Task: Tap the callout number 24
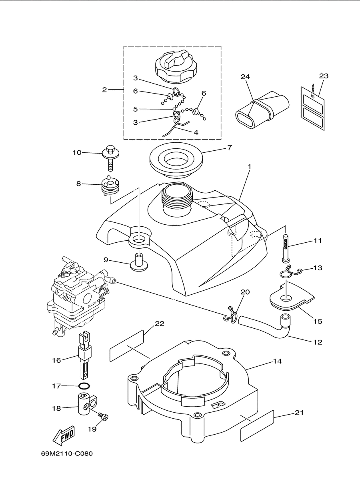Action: pyautogui.click(x=245, y=77)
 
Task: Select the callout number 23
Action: pyautogui.click(x=324, y=76)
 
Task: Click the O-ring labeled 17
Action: pyautogui.click(x=84, y=386)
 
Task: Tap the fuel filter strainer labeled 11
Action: pyautogui.click(x=286, y=248)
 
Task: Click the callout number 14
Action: pyautogui.click(x=277, y=361)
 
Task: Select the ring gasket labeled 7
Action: pyautogui.click(x=176, y=160)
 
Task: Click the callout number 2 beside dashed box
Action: pyautogui.click(x=104, y=90)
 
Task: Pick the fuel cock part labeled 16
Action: pyautogui.click(x=84, y=357)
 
